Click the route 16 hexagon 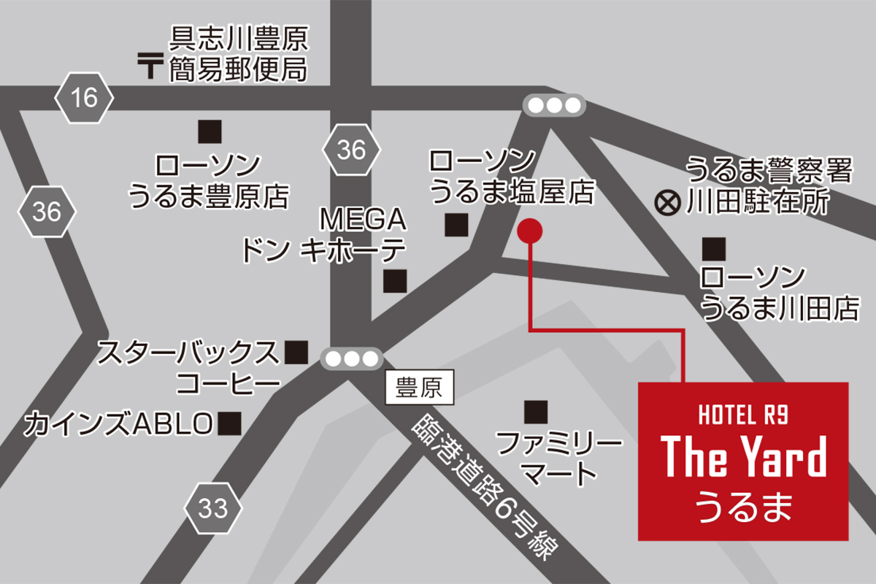(85, 97)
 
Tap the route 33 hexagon (212, 508)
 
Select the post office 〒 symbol (150, 66)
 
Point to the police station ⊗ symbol (666, 201)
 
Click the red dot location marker (529, 231)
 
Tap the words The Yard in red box (743, 458)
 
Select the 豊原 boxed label (419, 387)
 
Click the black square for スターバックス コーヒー (296, 353)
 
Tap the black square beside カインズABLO (231, 423)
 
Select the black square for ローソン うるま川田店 (714, 250)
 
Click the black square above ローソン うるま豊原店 (210, 131)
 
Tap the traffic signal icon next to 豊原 (353, 358)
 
